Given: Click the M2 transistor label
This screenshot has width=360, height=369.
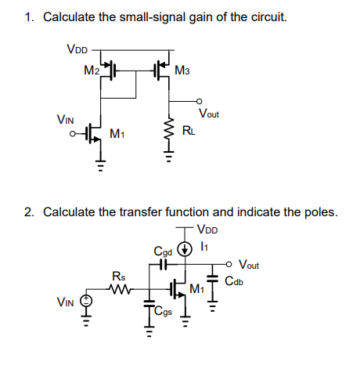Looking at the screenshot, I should (x=92, y=71).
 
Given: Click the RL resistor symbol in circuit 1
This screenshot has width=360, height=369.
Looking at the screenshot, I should (x=167, y=128).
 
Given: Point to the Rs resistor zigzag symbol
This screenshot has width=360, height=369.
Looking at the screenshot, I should (x=119, y=287).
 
